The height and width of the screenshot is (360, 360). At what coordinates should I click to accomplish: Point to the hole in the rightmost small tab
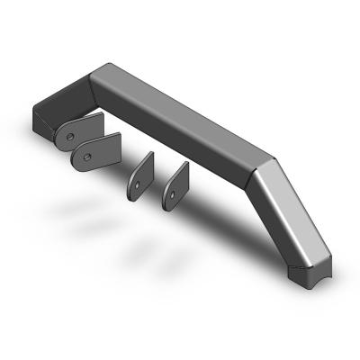(170, 190)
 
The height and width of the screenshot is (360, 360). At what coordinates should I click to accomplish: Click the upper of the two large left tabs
(81, 130)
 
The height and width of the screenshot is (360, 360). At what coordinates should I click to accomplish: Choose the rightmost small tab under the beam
(175, 184)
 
